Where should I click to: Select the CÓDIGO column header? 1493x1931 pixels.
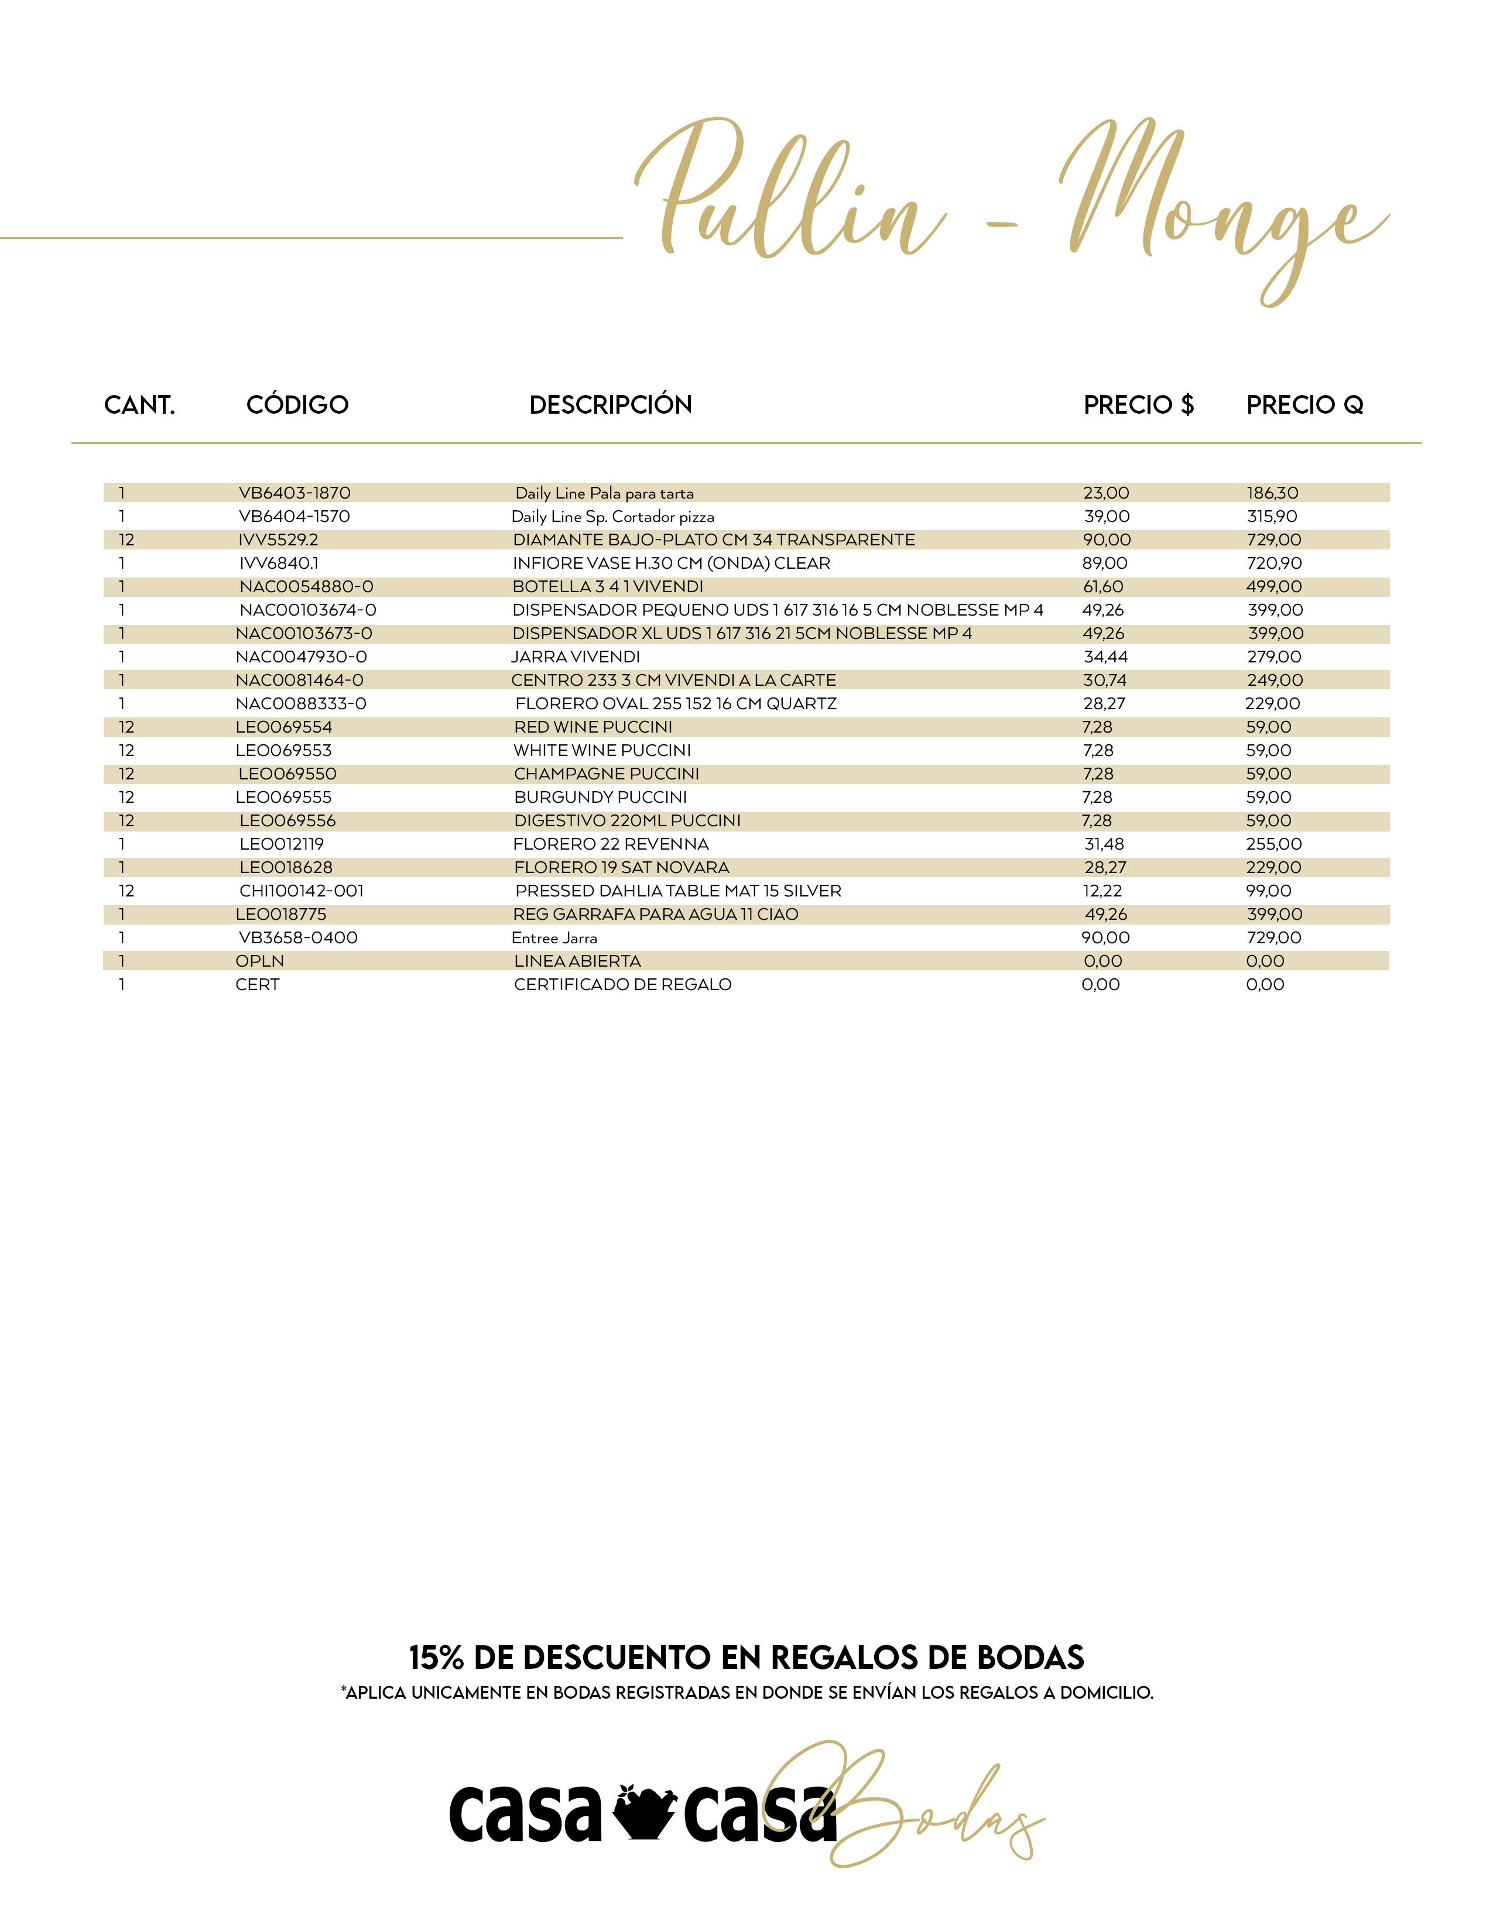click(297, 405)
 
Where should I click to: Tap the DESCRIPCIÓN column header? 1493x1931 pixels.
click(610, 405)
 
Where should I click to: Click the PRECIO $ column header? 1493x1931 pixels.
click(1138, 405)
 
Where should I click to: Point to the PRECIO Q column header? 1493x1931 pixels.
click(1304, 405)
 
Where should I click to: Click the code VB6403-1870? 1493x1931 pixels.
click(295, 493)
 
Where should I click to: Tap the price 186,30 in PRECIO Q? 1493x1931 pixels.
click(1272, 493)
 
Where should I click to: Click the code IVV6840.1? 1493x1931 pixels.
click(279, 563)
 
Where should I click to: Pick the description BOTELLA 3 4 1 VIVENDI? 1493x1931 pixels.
click(608, 587)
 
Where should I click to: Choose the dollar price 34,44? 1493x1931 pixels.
click(1105, 657)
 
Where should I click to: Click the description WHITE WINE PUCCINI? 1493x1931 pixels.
click(601, 751)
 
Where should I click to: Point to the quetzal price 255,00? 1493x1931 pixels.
click(1273, 844)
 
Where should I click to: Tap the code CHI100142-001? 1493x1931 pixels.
click(302, 891)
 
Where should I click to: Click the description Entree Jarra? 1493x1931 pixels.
click(554, 938)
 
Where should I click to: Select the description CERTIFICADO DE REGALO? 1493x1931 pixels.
click(623, 985)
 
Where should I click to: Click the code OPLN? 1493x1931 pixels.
click(260, 961)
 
